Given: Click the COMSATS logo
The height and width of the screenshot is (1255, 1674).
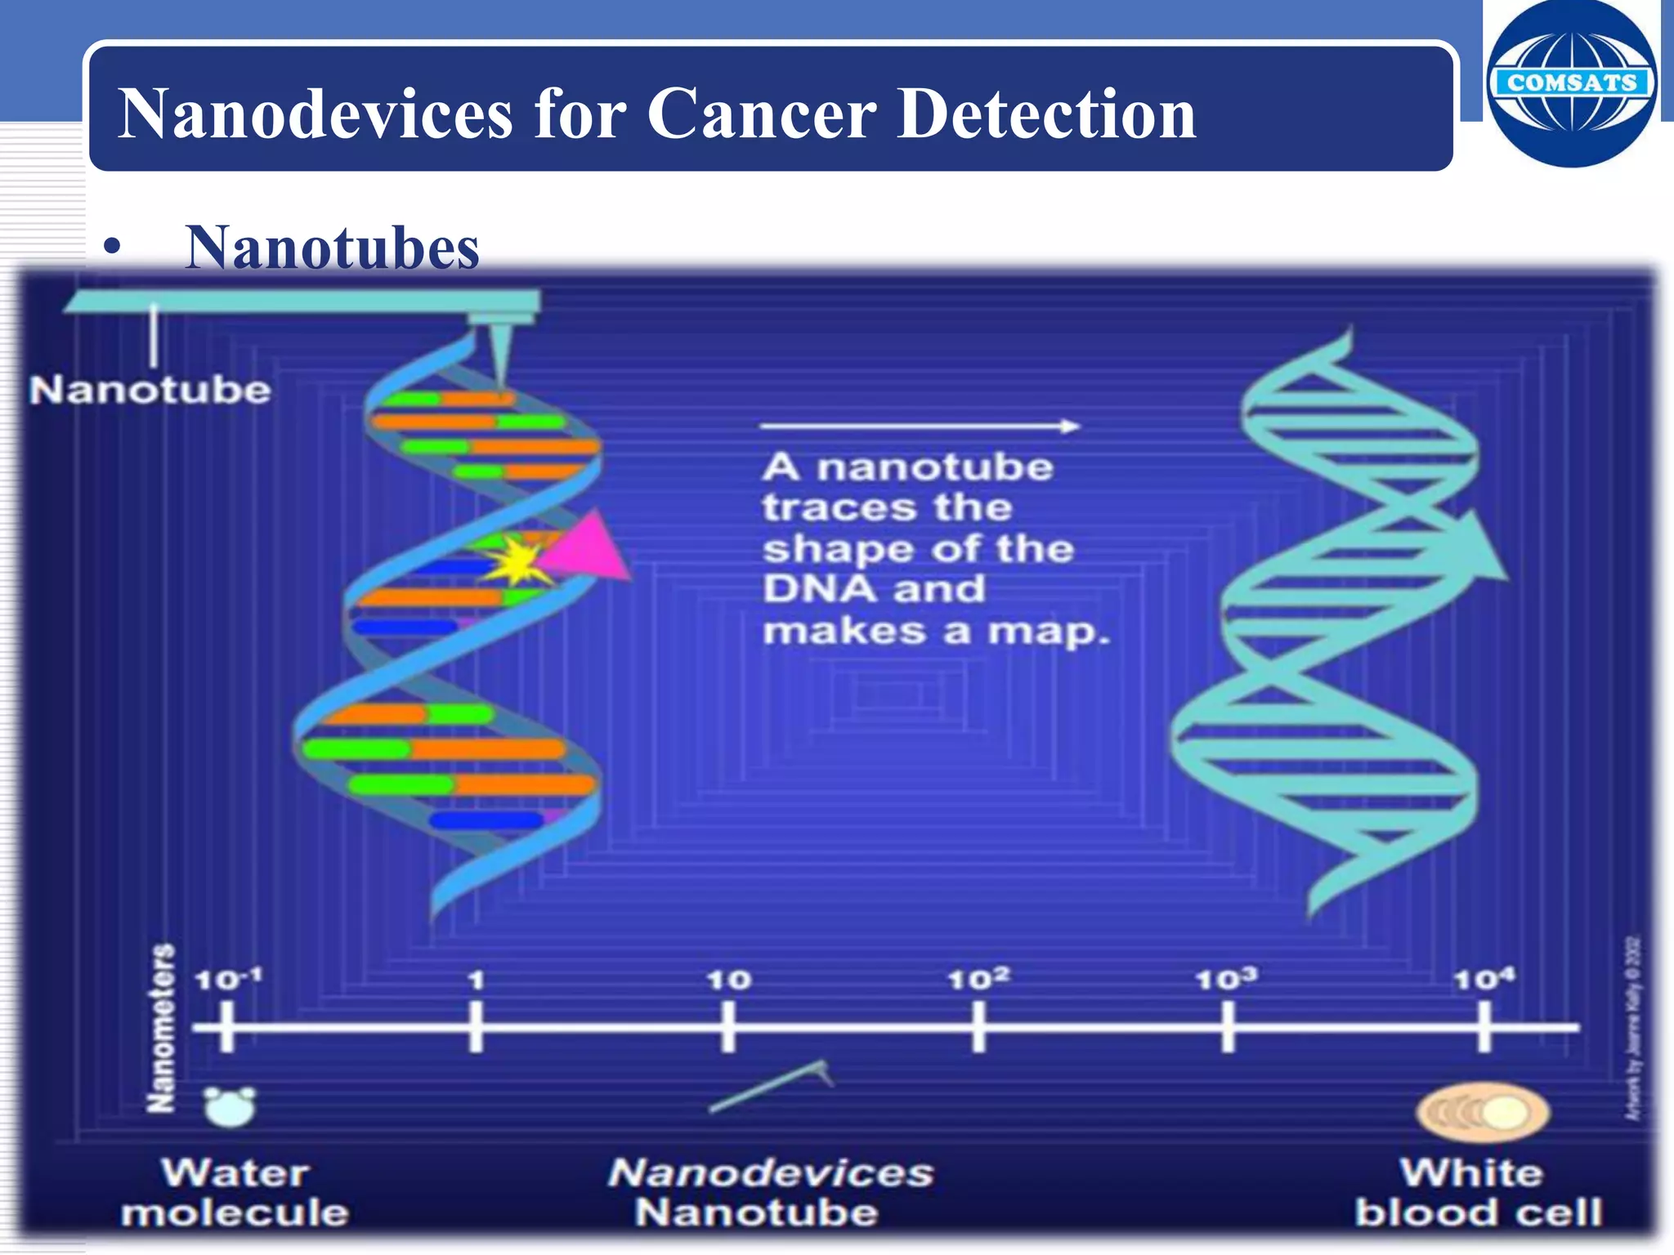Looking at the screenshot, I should coord(1571,83).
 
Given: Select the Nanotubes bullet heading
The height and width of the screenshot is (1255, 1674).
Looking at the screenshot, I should coord(332,248).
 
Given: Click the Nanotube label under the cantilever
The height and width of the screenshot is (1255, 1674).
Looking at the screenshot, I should coord(150,391).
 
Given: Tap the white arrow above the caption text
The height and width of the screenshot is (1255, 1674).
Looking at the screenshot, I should coord(920,426).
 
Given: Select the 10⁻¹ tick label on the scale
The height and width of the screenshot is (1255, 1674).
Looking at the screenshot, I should coord(227,978).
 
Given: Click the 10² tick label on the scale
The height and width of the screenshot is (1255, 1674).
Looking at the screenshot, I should coord(978,978).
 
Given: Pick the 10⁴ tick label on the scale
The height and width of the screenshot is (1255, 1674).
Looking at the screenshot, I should coord(1484,978).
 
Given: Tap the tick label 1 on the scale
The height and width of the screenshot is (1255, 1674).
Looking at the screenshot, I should coord(477,980).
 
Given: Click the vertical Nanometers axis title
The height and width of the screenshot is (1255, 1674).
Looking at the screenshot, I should coord(162,1028).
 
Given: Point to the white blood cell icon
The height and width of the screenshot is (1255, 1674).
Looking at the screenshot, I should coord(1482,1112).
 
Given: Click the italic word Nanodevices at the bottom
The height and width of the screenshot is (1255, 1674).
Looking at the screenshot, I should coord(770,1173).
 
